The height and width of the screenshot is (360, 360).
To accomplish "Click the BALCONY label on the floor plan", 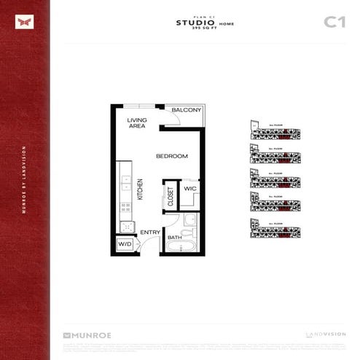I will (x=187, y=110).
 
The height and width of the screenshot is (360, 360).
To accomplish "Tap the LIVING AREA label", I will (x=136, y=122).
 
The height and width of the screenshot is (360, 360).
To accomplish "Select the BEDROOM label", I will (x=172, y=156).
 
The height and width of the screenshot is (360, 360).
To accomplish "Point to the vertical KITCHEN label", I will (x=140, y=190).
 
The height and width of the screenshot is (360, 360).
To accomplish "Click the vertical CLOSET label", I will (x=171, y=197).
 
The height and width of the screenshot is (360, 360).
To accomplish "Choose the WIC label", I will (x=189, y=189).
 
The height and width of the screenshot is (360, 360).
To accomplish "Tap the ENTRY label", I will (x=150, y=232).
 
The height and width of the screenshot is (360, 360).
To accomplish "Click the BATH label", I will (x=175, y=237).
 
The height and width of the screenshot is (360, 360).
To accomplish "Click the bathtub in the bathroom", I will (x=178, y=246).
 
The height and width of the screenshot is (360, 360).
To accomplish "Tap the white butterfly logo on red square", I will (x=25, y=22).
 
